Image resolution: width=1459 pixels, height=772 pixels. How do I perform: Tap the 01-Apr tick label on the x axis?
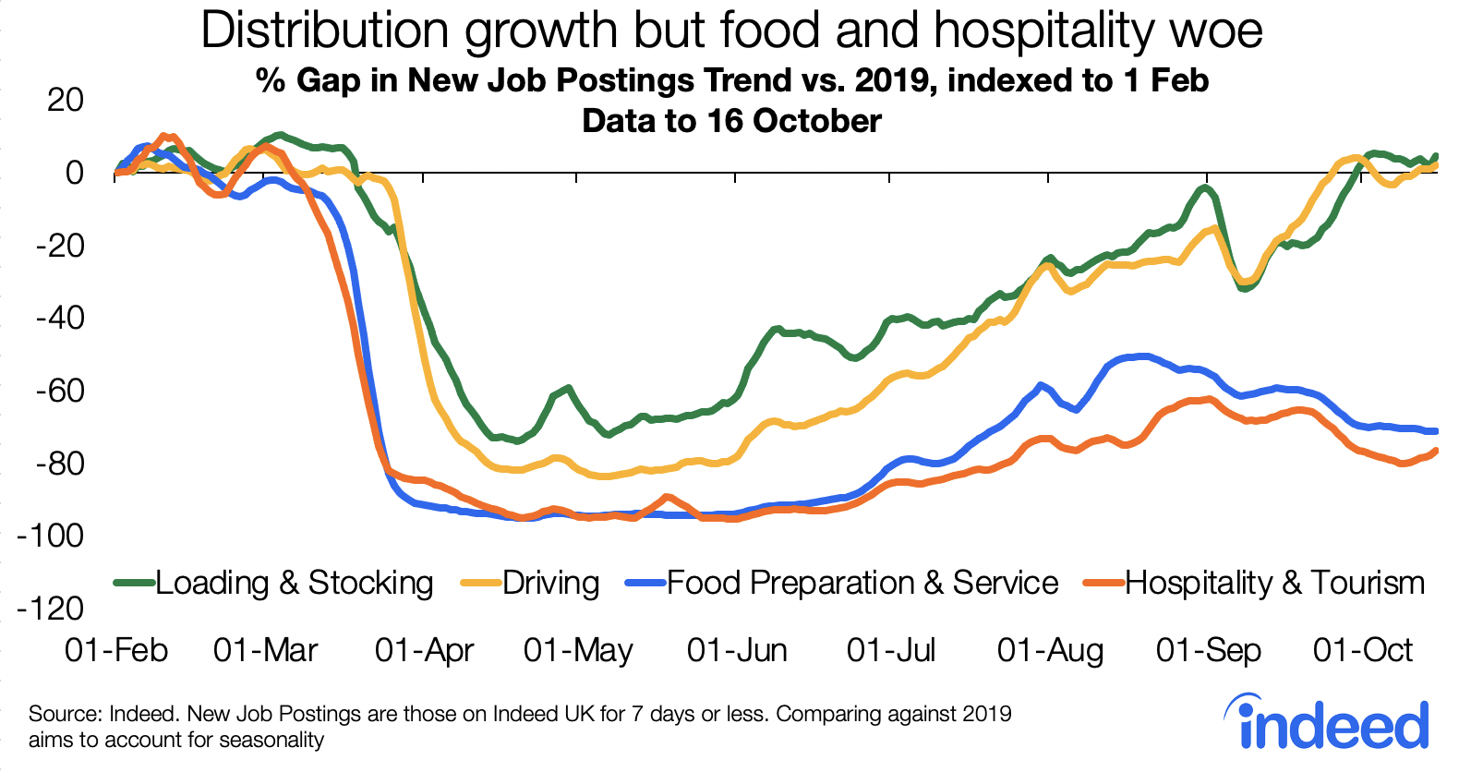(x=424, y=650)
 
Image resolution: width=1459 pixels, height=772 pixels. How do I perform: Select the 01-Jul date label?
(x=891, y=650)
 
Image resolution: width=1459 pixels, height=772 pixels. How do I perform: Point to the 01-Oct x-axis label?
(x=1362, y=650)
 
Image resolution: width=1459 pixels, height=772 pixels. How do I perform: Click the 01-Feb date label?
(x=116, y=650)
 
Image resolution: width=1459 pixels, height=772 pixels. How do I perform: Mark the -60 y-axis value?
(x=59, y=391)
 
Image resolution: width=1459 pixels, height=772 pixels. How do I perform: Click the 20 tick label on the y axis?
(x=65, y=100)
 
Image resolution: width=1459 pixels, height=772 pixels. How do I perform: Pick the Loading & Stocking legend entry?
(x=294, y=583)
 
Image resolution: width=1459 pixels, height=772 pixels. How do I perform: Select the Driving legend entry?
(x=550, y=583)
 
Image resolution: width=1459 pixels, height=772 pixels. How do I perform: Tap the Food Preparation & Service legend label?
(x=862, y=583)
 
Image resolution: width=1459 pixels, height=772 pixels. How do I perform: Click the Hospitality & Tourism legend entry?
(x=1274, y=583)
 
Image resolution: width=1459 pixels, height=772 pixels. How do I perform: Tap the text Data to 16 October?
(x=731, y=121)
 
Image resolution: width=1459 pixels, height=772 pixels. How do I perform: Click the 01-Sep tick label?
(x=1208, y=650)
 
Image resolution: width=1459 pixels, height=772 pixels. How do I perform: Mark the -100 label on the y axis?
(x=50, y=536)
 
